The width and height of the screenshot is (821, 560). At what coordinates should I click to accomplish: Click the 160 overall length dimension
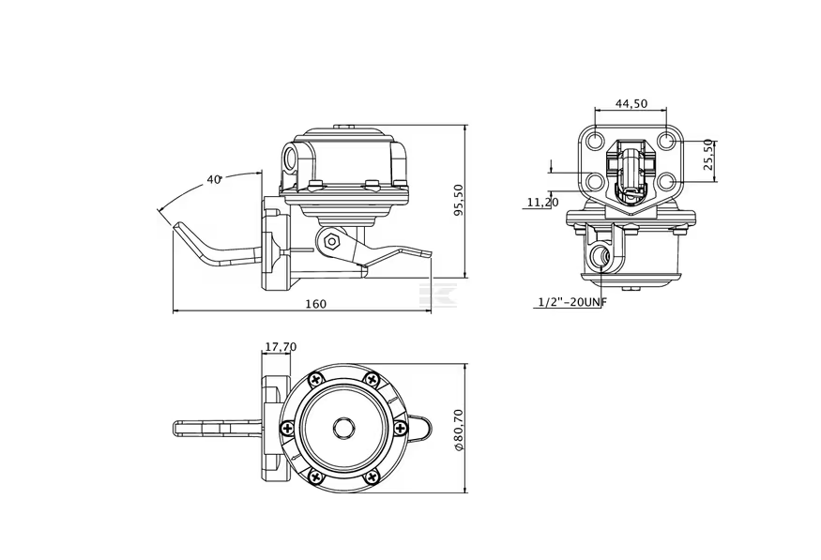[x=315, y=303]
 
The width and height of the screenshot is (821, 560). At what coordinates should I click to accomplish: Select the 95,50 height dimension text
[x=458, y=198]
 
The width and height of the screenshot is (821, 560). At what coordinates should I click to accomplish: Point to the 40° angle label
[x=214, y=179]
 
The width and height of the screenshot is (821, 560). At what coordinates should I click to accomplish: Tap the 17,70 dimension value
[x=281, y=347]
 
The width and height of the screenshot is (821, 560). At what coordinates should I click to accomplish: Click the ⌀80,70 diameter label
[x=458, y=429]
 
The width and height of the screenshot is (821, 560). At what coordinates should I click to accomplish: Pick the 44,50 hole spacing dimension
[x=631, y=103]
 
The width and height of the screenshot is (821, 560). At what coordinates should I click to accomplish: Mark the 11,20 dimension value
[x=542, y=202]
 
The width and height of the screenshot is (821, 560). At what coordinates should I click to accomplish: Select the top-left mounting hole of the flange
[x=595, y=142]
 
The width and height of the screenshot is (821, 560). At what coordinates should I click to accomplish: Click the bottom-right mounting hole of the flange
[x=665, y=181]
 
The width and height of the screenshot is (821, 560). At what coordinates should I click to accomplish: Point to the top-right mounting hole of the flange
[x=665, y=142]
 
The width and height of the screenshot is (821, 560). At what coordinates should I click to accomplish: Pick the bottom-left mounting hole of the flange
[x=595, y=181]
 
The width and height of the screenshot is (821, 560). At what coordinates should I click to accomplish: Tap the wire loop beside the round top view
[x=420, y=428]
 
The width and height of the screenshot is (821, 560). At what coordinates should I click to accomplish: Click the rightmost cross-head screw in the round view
[x=402, y=428]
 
